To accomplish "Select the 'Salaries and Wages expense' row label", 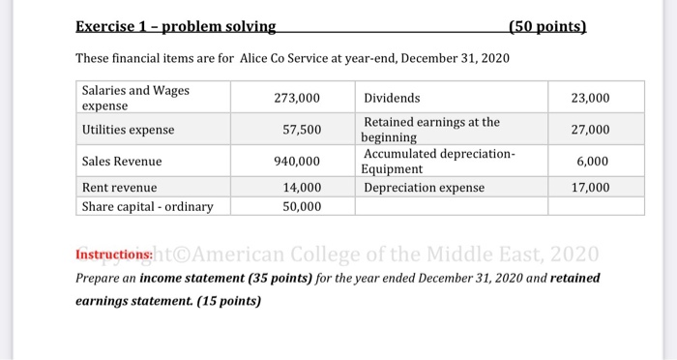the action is point(135,98).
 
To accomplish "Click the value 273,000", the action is point(297,98).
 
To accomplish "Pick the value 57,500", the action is point(301,130).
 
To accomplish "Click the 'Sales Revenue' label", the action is point(122,161).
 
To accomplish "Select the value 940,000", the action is point(297,161).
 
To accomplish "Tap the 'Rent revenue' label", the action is point(119,187).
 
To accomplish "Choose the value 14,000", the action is point(301,187).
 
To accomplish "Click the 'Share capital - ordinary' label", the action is point(147,205).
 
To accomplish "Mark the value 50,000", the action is point(301,205).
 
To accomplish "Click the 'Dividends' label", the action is point(392,98).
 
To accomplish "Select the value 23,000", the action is point(590,98).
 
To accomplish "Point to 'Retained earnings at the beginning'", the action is point(431,130).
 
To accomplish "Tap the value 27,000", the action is point(590,130).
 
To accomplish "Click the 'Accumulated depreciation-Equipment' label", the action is point(439,161).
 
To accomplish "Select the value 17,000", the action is point(590,187).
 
